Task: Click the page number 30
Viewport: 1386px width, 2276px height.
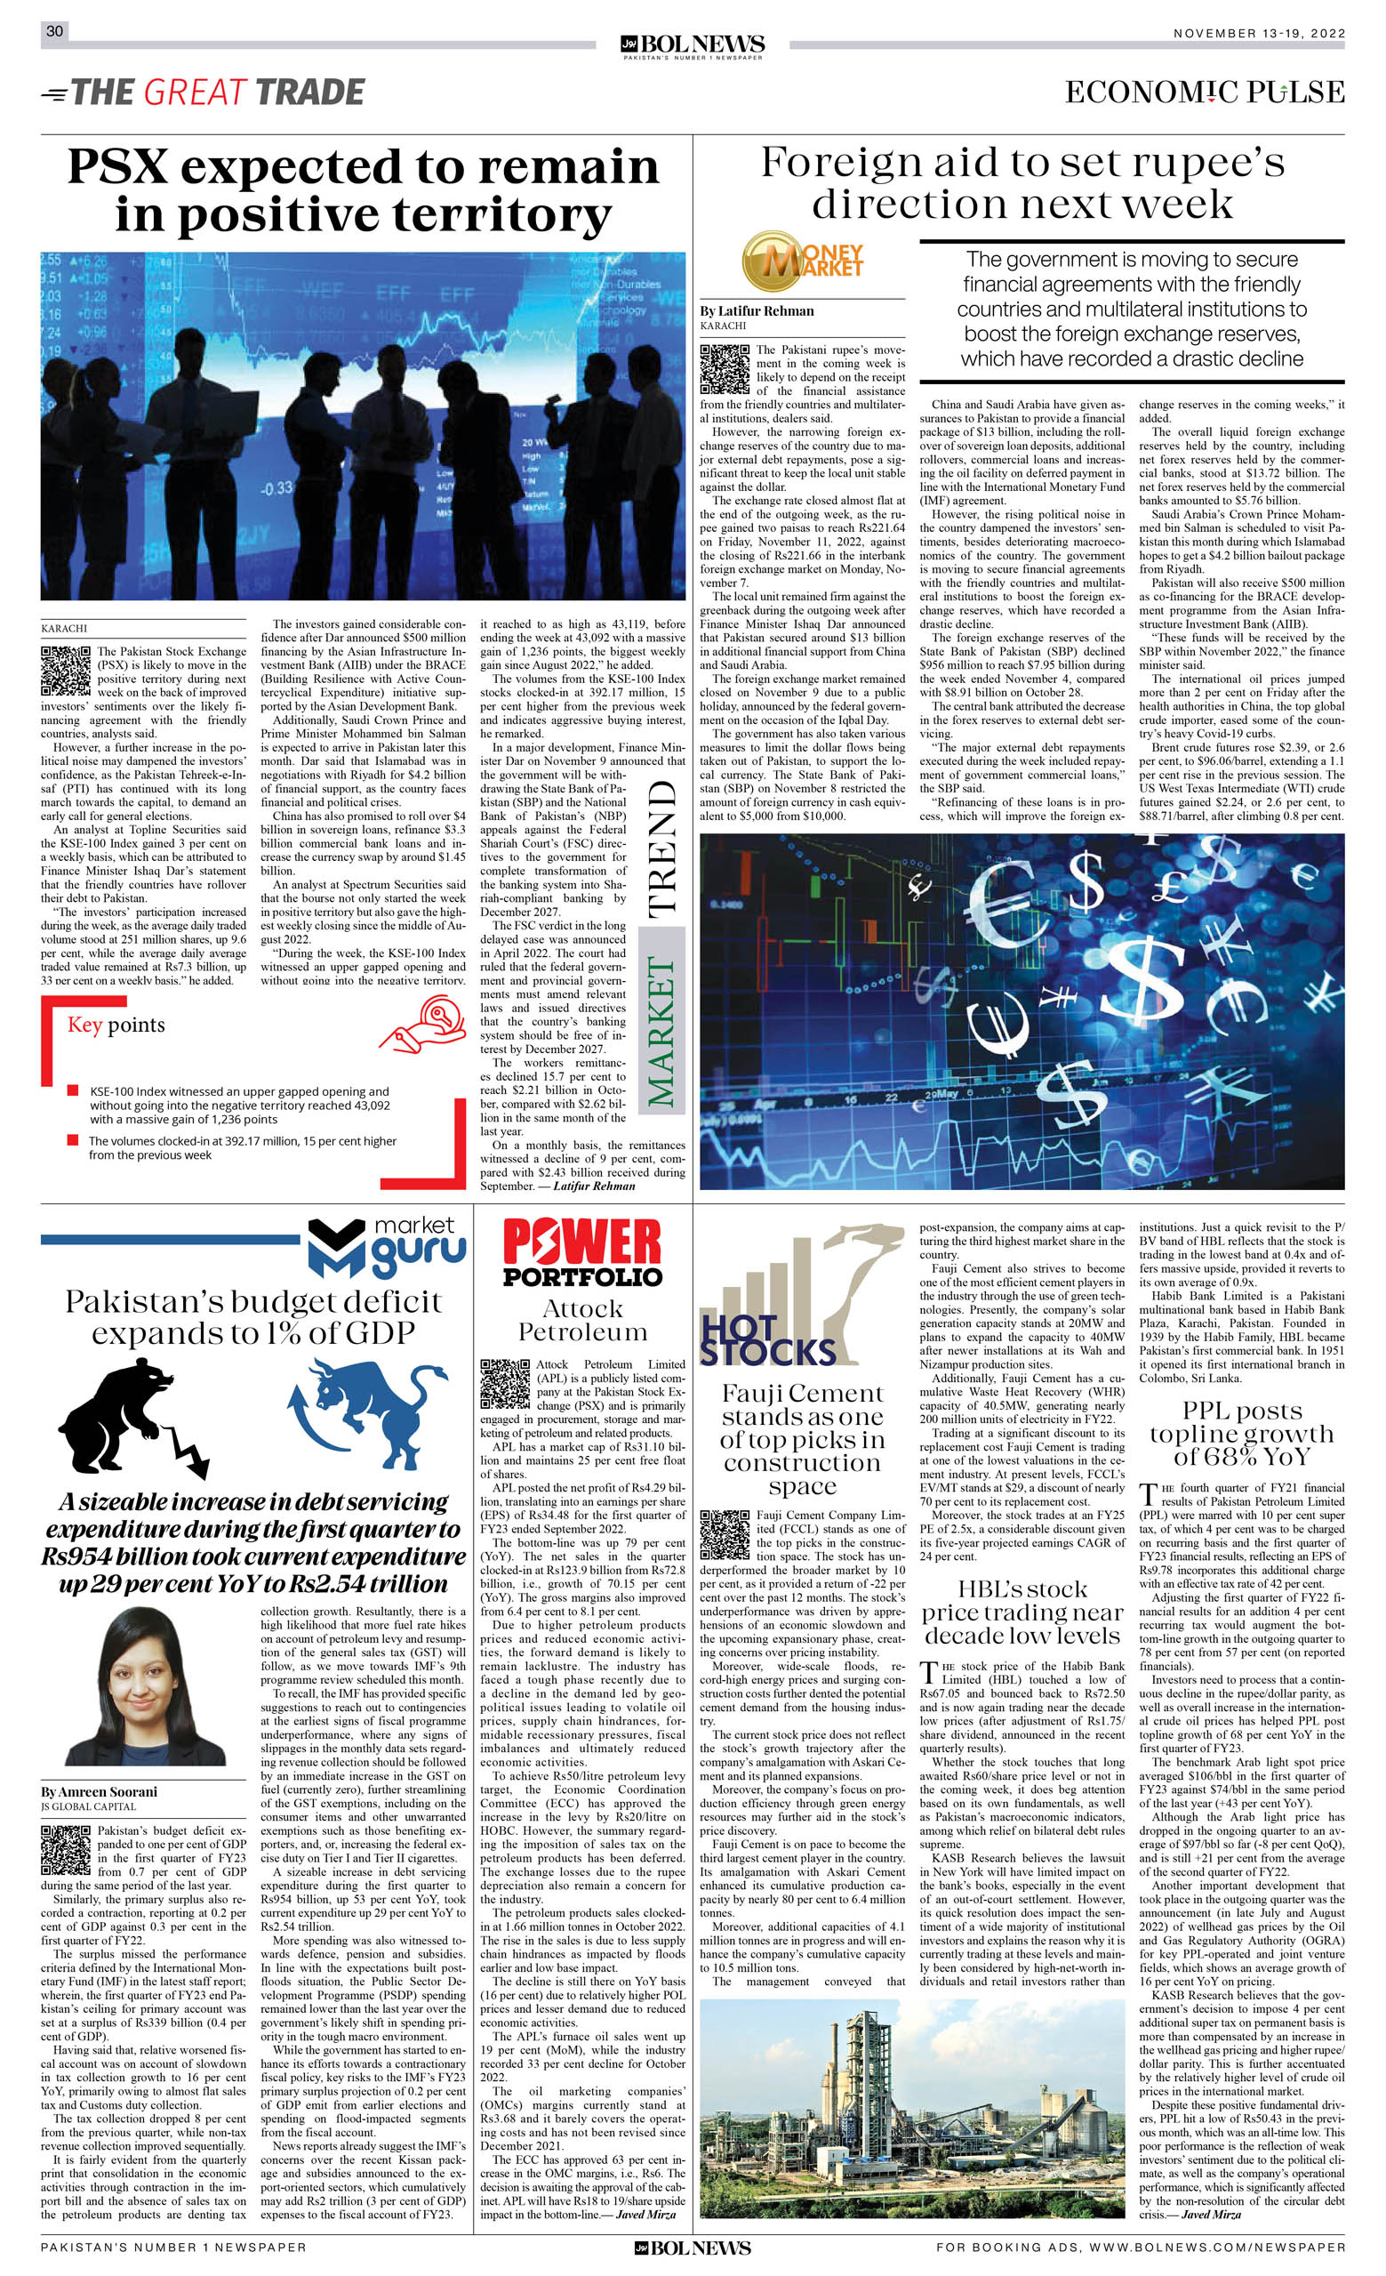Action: tap(54, 31)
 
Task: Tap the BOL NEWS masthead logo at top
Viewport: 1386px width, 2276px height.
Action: tap(693, 45)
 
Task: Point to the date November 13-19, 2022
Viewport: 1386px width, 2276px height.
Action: tap(1259, 33)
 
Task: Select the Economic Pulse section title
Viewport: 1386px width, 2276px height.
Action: tap(1204, 92)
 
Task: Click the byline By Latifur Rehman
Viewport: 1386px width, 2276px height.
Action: tap(757, 311)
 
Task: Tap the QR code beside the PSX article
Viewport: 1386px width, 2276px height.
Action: tap(67, 671)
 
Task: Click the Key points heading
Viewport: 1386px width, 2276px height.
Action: tap(116, 1025)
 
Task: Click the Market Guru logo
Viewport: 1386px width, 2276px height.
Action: tap(387, 1247)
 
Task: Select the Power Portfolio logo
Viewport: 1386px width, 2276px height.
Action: tap(582, 1252)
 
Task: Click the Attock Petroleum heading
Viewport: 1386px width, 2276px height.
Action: tap(582, 1320)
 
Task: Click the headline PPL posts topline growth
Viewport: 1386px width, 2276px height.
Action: tap(1241, 1434)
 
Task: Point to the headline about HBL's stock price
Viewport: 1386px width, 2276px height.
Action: tap(1021, 1612)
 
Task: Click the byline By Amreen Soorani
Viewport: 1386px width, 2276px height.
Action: tap(99, 1792)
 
